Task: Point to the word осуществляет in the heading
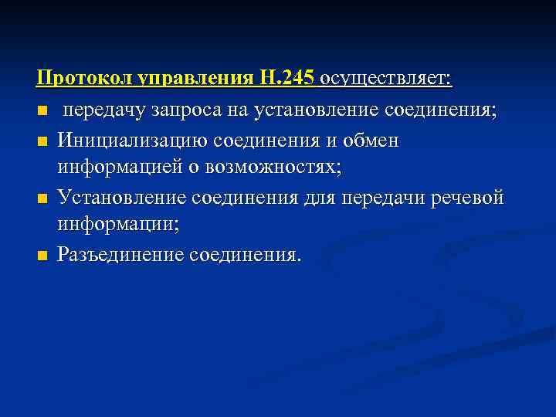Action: (387, 79)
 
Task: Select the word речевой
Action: (471, 198)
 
